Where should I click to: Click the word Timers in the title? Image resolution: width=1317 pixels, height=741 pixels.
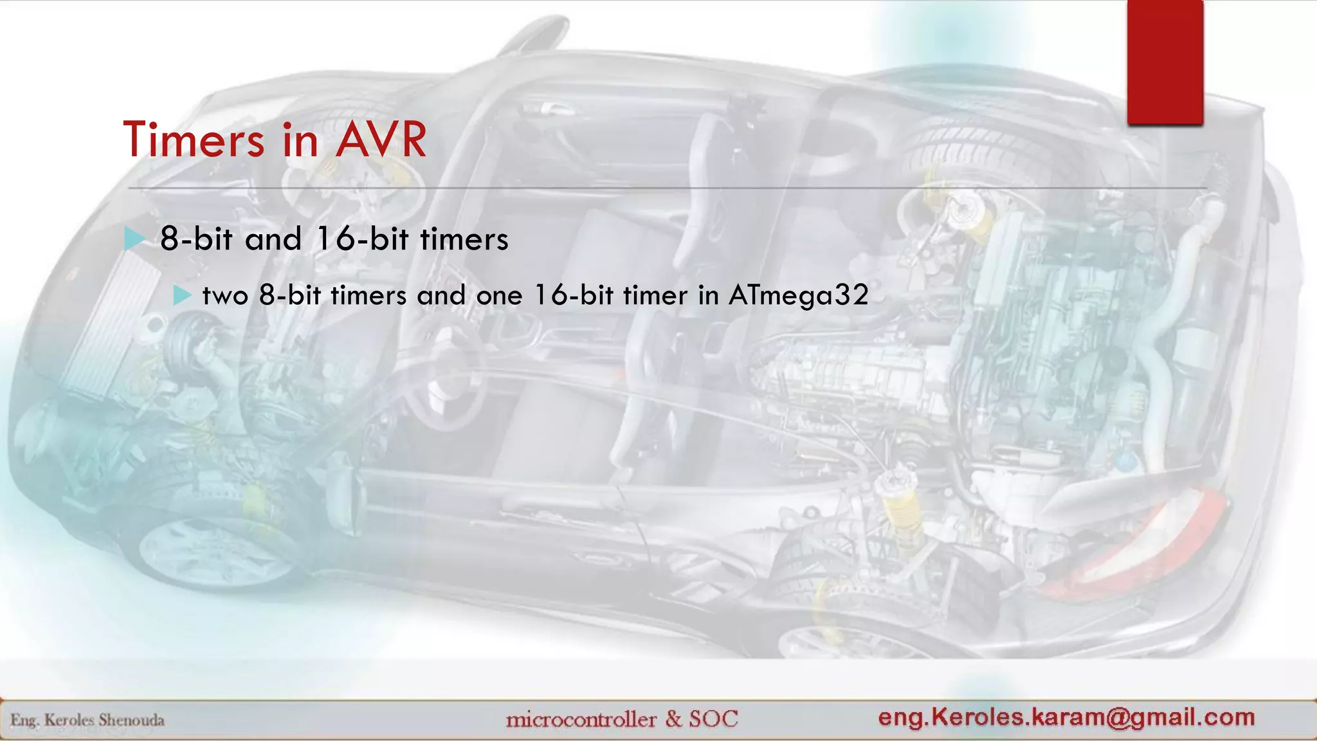tap(194, 140)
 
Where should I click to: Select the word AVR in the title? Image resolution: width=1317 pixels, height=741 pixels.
tap(381, 140)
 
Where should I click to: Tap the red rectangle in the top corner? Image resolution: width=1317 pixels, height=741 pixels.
tap(1165, 62)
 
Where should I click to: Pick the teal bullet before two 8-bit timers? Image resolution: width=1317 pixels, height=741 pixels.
tap(183, 296)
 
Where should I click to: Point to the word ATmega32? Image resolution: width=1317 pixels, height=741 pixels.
tap(798, 296)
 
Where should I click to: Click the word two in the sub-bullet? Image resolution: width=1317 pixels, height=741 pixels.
tap(225, 296)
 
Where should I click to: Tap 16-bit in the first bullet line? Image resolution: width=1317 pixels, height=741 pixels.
tap(363, 239)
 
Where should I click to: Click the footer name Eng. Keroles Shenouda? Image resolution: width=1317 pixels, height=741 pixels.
tap(87, 720)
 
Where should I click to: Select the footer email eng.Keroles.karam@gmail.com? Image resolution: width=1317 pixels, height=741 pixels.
tap(1066, 717)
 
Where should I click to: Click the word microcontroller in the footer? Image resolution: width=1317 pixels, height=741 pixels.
tap(581, 719)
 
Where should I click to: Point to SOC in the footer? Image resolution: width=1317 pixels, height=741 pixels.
tap(714, 718)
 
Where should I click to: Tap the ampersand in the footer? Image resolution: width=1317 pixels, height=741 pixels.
tap(673, 718)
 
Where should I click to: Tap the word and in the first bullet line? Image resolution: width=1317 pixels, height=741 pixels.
tap(273, 239)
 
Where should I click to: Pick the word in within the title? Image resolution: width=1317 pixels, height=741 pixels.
tap(300, 140)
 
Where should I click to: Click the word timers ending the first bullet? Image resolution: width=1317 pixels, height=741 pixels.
tap(464, 239)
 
